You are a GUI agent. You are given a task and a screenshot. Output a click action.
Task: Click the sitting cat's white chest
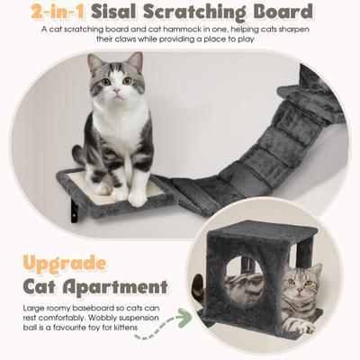coord(118,135)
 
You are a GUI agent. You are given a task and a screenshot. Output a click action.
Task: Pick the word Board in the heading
coord(287,12)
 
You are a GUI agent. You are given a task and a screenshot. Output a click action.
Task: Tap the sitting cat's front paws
coord(123,193)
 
